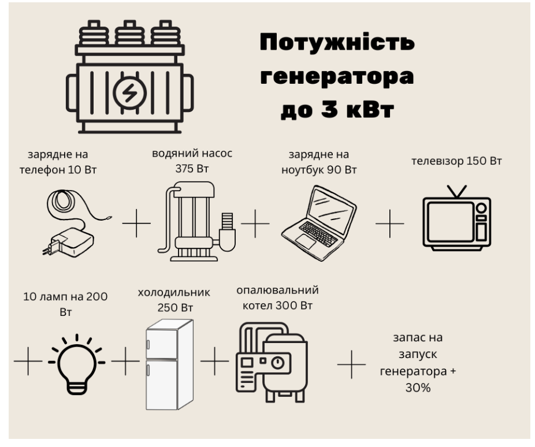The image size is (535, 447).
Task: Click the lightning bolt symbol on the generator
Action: pyautogui.click(x=129, y=92)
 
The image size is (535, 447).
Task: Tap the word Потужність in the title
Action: pyautogui.click(x=337, y=43)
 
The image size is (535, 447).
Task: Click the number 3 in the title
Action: pyautogui.click(x=329, y=109)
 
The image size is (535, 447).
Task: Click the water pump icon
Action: pyautogui.click(x=197, y=222)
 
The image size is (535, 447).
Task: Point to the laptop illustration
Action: pyautogui.click(x=319, y=223)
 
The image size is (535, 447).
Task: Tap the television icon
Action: pyautogui.click(x=457, y=218)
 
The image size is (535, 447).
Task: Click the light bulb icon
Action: pyautogui.click(x=77, y=364)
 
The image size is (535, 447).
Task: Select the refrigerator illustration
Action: pyautogui.click(x=170, y=364)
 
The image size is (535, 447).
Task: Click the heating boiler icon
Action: pyautogui.click(x=272, y=363)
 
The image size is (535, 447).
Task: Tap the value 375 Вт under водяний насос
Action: pyautogui.click(x=192, y=169)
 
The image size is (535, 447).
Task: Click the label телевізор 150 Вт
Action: pyautogui.click(x=456, y=161)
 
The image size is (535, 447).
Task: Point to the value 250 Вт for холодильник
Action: pyautogui.click(x=175, y=308)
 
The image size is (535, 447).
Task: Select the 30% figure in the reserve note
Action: pyautogui.click(x=418, y=388)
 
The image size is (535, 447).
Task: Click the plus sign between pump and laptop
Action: pyautogui.click(x=255, y=223)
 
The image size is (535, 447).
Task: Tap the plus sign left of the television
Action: pyautogui.click(x=390, y=223)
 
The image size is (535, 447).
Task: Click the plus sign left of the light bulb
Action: pyautogui.click(x=28, y=361)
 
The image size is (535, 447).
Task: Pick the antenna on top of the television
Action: pyautogui.click(x=457, y=192)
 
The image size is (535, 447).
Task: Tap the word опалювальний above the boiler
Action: pyautogui.click(x=277, y=290)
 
